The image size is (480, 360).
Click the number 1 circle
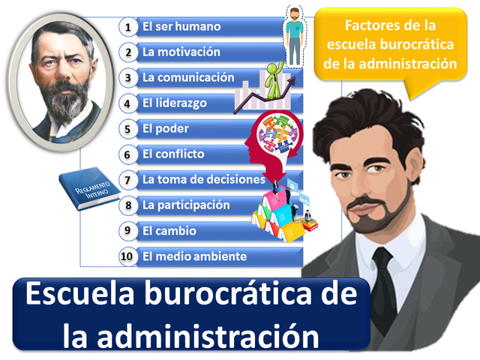pyautogui.click(x=128, y=27)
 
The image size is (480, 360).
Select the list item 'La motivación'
pyautogui.click(x=181, y=52)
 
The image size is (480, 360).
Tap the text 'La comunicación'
pyautogui.click(x=187, y=78)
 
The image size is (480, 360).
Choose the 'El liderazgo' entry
pyautogui.click(x=174, y=103)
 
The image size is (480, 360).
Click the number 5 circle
pyautogui.click(x=128, y=129)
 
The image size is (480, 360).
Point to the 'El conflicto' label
pyautogui.click(x=173, y=154)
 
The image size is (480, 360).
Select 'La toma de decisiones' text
pyautogui.click(x=203, y=180)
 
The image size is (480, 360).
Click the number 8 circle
pyautogui.click(x=128, y=205)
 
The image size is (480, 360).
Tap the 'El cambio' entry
pyautogui.click(x=169, y=231)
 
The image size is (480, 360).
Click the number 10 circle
pyautogui.click(x=128, y=256)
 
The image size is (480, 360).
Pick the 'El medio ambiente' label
pyautogui.click(x=194, y=256)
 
